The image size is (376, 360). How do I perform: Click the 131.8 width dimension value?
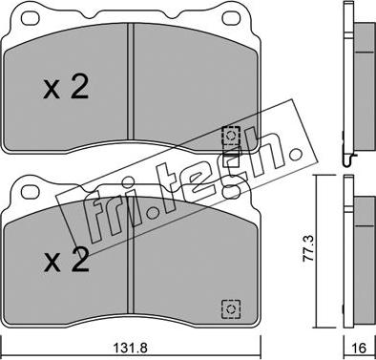click(x=130, y=348)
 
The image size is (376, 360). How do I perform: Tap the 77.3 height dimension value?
click(x=308, y=248)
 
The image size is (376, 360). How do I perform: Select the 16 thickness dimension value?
click(x=359, y=348)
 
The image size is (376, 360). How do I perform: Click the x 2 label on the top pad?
click(x=66, y=88)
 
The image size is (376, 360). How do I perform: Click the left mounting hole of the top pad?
click(x=31, y=18)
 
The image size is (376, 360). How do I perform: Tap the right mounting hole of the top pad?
click(x=230, y=18)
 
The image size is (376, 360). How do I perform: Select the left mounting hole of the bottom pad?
click(x=30, y=192)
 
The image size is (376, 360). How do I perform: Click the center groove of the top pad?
click(x=130, y=81)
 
